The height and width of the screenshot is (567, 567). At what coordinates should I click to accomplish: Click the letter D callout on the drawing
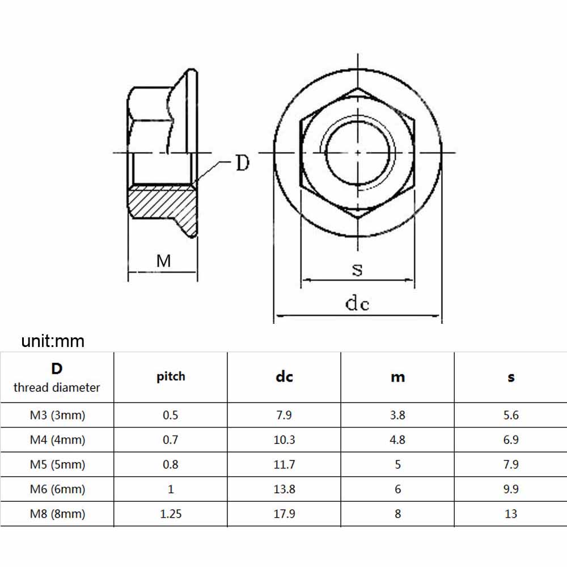coord(243,163)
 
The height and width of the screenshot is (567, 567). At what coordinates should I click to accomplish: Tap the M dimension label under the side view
coord(163,261)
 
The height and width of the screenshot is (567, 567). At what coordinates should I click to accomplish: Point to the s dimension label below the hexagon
coord(357,270)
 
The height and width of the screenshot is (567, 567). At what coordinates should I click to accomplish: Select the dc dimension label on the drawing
coord(357,303)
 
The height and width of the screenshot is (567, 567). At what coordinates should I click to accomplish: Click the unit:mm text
coord(53,341)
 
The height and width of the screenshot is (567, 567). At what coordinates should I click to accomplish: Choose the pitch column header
coord(171,377)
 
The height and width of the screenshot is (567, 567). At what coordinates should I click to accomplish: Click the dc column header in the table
coord(284,377)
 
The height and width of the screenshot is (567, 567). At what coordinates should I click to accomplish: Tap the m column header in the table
coord(398,378)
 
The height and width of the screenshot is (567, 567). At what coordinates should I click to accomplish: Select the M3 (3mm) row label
coord(57,415)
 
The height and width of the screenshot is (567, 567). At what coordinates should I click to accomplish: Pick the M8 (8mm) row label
coord(57,514)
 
